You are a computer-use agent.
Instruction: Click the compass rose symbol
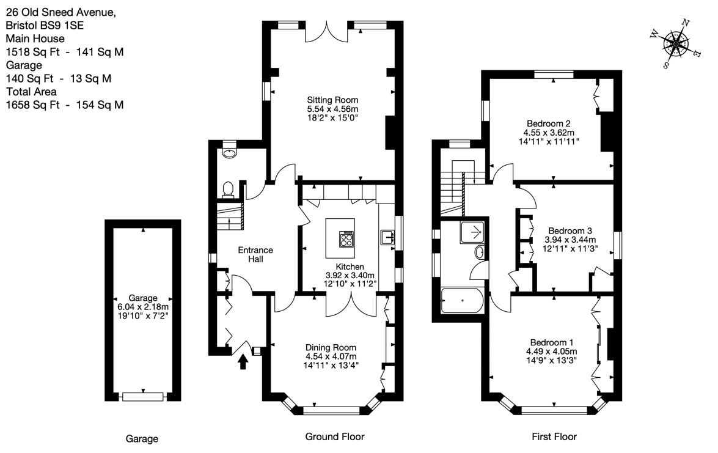point(676,43)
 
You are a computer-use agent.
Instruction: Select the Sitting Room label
point(332,100)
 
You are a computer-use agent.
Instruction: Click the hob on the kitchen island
point(346,238)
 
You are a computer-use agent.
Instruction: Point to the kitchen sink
point(387,237)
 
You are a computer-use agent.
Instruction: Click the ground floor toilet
point(228,190)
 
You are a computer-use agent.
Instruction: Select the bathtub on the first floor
point(461,301)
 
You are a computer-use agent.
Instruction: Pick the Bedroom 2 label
point(549,123)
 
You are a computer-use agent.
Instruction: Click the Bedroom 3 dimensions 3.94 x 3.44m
point(570,240)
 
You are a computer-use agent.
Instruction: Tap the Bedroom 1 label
point(551,342)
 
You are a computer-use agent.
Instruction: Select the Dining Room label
point(331,348)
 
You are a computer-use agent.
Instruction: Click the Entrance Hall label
point(255,255)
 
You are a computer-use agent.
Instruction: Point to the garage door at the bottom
point(143,397)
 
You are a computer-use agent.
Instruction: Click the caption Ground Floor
point(335,436)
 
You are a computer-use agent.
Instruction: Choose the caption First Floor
point(554,436)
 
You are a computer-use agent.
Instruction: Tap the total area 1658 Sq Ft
point(32,105)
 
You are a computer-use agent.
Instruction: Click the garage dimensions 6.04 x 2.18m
point(143,307)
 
